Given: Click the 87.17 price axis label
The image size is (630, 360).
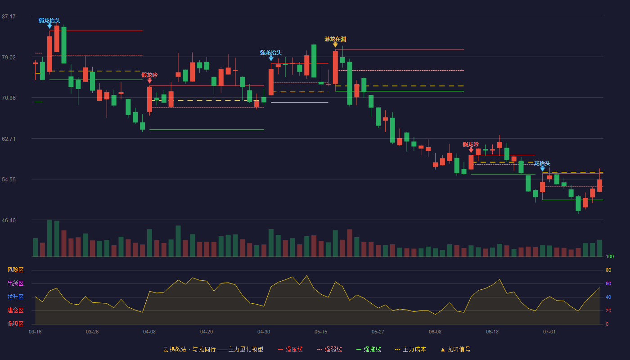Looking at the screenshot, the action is [9, 17].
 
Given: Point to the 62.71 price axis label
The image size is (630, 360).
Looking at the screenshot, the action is [9, 139].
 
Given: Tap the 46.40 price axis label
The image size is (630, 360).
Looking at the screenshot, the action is [9, 220].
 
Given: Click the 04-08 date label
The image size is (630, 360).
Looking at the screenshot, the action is [149, 332].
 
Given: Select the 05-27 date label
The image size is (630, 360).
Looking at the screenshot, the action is [378, 332].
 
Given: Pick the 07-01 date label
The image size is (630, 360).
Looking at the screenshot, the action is [549, 332].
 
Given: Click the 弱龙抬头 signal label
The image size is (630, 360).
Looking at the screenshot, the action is [49, 21].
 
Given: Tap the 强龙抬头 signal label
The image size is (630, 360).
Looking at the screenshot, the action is [271, 53].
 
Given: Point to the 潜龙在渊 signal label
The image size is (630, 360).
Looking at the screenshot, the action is [335, 39].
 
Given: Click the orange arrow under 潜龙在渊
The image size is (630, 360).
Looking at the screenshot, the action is [335, 45].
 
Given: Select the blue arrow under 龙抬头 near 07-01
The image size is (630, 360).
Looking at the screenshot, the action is [543, 169].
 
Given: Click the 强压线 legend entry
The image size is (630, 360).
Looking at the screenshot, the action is [291, 349].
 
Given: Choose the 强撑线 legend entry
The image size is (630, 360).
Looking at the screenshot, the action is [369, 349].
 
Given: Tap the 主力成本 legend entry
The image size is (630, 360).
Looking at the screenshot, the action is [410, 349].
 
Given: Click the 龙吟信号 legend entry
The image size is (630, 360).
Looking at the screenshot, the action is [455, 349].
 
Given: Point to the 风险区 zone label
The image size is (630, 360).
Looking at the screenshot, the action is [15, 270].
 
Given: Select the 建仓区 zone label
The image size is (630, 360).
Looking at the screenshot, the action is [15, 310].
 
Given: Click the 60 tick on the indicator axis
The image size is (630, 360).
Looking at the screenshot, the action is [608, 283].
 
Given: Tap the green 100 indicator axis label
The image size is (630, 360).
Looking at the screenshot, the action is [610, 256].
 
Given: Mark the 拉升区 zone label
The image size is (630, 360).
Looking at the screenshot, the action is [15, 297].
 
